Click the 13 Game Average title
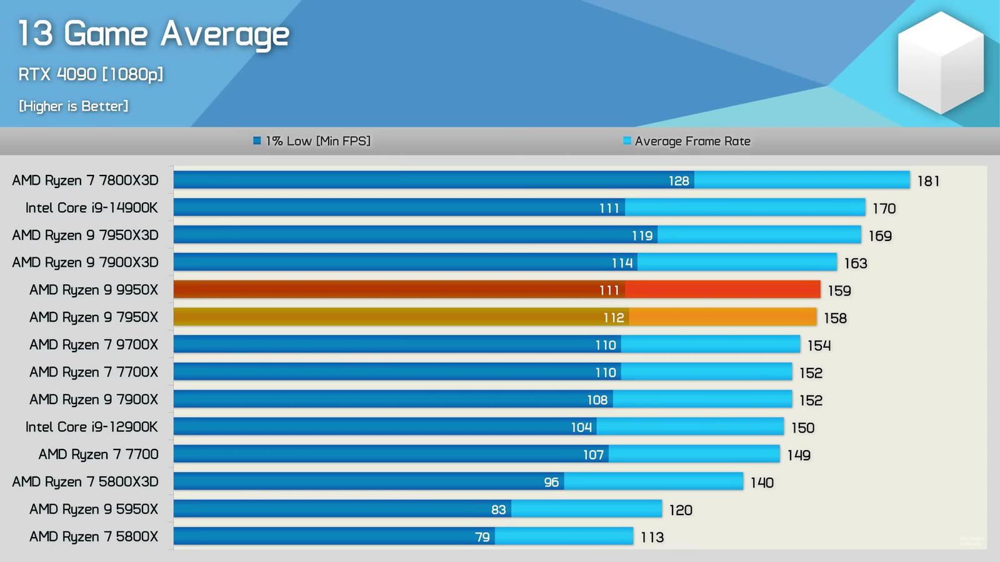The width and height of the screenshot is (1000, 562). click(153, 34)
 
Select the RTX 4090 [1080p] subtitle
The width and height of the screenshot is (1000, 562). click(91, 74)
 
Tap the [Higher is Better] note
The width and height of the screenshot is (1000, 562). click(74, 106)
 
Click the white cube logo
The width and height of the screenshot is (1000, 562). click(941, 62)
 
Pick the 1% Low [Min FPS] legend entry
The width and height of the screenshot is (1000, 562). click(312, 141)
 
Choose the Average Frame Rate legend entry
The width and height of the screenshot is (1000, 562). click(687, 141)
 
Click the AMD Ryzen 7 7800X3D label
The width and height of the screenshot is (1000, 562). click(85, 180)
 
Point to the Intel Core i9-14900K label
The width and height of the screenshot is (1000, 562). click(91, 208)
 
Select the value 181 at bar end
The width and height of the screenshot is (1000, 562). click(928, 181)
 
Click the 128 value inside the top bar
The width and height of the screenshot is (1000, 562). click(679, 181)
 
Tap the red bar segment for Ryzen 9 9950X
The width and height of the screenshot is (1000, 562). click(722, 290)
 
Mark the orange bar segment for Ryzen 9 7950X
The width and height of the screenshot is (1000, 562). click(722, 317)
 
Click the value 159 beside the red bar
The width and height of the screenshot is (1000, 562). click(839, 291)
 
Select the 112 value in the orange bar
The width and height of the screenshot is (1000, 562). click(614, 318)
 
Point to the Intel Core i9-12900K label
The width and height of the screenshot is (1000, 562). click(91, 427)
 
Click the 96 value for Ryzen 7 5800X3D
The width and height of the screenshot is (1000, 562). click(551, 482)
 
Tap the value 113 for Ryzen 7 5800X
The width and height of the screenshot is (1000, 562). click(652, 537)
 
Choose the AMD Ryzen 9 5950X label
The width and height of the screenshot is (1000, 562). click(94, 510)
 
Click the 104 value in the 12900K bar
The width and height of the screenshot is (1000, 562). click(581, 427)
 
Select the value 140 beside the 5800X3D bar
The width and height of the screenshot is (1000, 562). click(762, 483)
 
